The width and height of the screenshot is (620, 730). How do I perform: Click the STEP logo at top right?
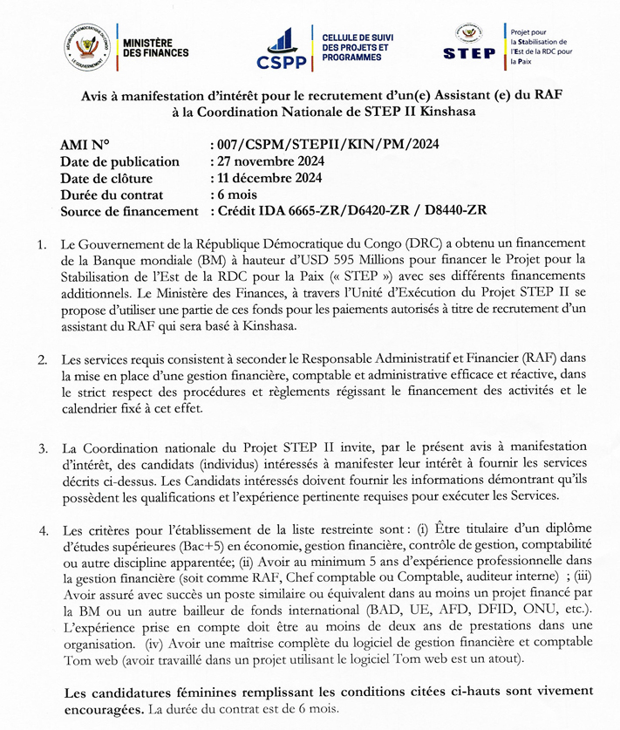[x=469, y=42]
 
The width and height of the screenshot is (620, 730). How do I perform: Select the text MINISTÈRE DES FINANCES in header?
[x=156, y=48]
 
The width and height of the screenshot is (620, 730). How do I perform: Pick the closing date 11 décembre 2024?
[x=269, y=178]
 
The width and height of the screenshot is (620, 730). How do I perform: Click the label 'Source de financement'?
[x=130, y=211]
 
